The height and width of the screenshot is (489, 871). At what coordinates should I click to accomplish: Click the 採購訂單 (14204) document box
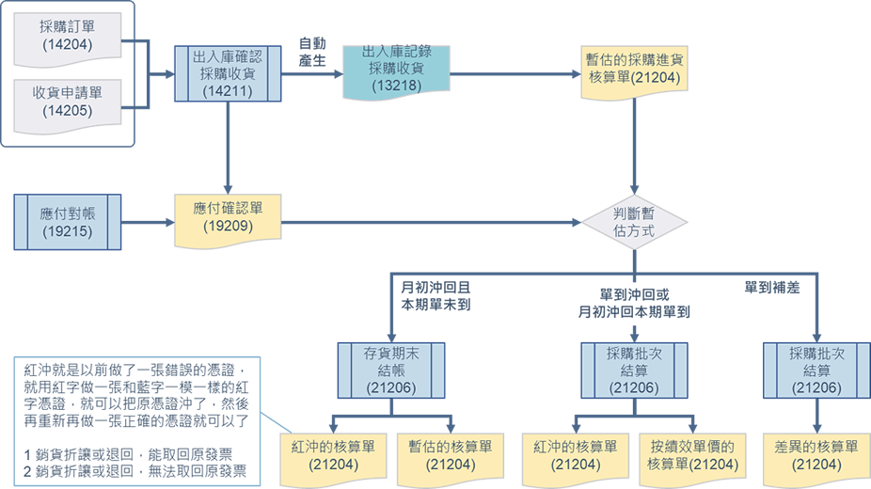(68, 35)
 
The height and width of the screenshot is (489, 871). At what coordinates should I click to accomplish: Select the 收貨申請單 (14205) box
(68, 101)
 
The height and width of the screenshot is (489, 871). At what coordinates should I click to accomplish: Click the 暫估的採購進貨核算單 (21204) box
(634, 66)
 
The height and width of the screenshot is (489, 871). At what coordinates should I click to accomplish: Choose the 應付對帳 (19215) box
(67, 222)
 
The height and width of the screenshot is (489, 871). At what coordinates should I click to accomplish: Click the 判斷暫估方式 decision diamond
(634, 222)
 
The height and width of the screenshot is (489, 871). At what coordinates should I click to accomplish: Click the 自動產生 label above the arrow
(311, 51)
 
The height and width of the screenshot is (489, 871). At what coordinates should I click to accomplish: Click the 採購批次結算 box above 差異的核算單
(815, 369)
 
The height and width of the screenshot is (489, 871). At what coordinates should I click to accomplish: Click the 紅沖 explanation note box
(137, 418)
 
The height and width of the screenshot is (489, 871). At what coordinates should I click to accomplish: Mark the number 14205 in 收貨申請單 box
(68, 110)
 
